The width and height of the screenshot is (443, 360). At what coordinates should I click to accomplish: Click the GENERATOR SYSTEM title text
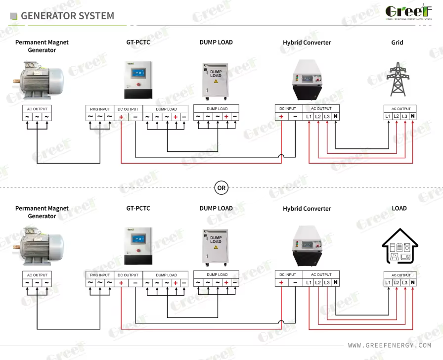pos(67,16)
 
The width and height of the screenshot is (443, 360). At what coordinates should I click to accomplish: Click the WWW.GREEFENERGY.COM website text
pos(390,345)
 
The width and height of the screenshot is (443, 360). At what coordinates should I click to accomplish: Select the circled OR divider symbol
pos(221,188)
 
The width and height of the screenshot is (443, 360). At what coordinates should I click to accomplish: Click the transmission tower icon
pos(397,79)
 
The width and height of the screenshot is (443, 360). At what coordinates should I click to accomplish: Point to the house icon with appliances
pos(399,244)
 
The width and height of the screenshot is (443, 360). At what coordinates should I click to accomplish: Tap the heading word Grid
pos(397,43)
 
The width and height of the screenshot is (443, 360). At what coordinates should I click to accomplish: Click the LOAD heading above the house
pos(399,208)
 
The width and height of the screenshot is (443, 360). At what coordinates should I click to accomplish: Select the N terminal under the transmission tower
pos(413,116)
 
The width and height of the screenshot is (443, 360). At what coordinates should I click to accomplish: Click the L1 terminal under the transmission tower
pos(388,116)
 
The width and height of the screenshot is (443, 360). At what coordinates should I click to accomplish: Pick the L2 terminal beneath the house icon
pos(397,282)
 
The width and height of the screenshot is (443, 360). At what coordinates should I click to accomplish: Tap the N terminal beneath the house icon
pos(413,282)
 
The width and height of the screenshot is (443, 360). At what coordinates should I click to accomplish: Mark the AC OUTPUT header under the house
pos(400,275)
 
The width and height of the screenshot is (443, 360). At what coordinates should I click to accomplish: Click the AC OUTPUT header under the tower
pos(400,109)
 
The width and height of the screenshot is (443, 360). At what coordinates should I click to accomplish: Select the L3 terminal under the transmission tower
pos(405,116)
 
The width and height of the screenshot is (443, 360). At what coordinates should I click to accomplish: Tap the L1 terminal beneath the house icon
pos(388,282)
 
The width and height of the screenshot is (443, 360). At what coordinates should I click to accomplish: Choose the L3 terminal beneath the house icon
pos(405,282)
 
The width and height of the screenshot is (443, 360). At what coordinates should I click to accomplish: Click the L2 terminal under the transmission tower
pos(397,116)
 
